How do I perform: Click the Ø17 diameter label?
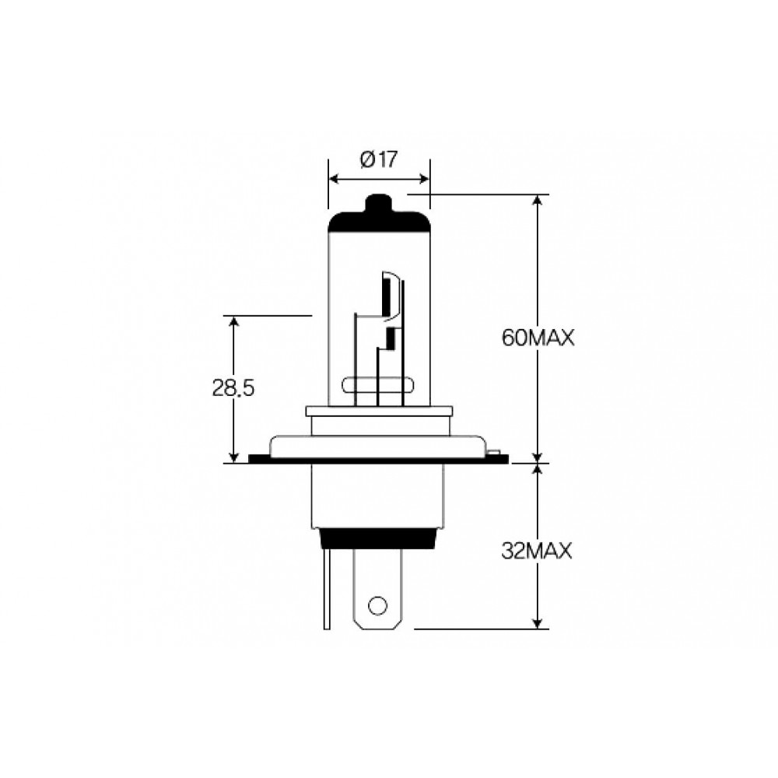point(379,159)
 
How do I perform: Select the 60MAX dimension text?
point(538,338)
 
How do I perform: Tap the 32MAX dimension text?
point(537,552)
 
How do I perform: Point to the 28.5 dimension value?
point(233,388)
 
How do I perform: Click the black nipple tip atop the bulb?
point(378,203)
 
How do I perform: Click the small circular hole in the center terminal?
point(377,605)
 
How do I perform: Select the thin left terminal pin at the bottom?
point(327,589)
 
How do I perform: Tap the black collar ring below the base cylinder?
point(380,539)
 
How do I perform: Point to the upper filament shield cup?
point(390,295)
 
